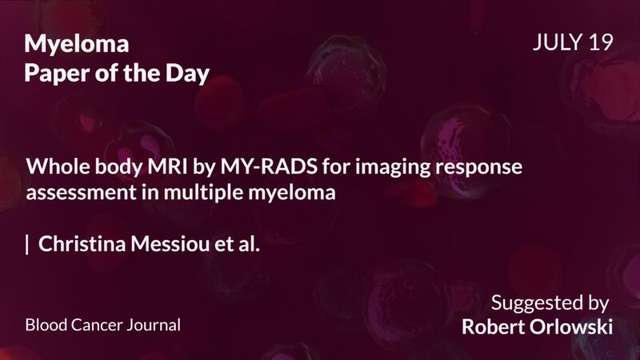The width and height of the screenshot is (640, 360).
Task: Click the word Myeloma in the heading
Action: (77, 44)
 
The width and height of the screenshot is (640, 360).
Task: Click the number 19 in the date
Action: (600, 43)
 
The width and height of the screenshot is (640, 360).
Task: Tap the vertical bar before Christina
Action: (27, 245)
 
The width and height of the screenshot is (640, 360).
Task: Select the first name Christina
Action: (78, 245)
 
